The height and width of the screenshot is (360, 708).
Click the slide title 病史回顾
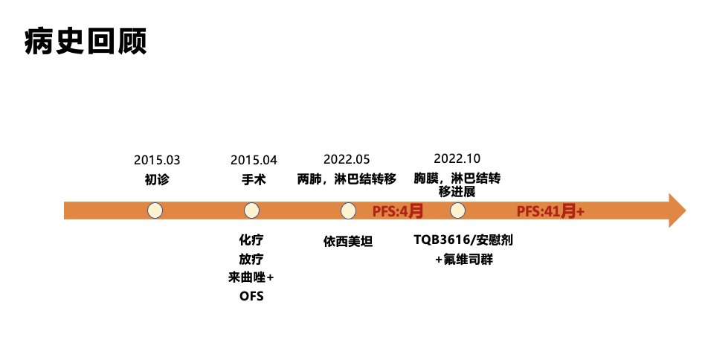point(86,42)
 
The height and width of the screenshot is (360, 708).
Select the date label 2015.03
point(157,160)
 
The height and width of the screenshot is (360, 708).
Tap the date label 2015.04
point(254,160)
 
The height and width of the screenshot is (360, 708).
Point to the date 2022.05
point(347,159)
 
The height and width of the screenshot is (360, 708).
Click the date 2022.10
point(457,158)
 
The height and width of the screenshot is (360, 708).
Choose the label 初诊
point(157,179)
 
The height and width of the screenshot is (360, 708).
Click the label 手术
point(254,179)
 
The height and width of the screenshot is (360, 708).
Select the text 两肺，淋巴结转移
point(347,179)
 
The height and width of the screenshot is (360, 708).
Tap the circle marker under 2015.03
point(155,210)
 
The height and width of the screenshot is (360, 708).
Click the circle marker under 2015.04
point(251,210)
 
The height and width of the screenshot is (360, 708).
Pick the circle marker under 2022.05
point(348,210)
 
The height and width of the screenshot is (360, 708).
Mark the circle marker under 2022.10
point(457,210)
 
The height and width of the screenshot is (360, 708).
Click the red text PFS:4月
point(398,211)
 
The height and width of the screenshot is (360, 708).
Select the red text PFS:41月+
point(550,211)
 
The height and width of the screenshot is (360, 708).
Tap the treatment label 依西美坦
point(348,241)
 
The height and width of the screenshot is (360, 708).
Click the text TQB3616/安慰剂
point(463,240)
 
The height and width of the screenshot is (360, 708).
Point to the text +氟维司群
point(464,260)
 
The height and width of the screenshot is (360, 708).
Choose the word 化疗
point(251,240)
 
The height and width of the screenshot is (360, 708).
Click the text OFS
point(251,296)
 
